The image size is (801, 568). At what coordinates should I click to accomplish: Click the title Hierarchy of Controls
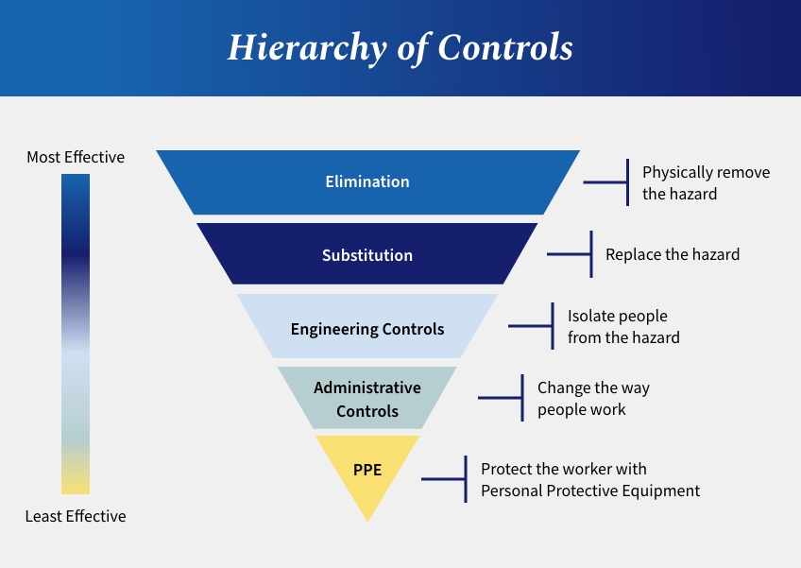click(x=400, y=47)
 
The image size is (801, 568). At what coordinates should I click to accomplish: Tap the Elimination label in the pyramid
click(x=367, y=181)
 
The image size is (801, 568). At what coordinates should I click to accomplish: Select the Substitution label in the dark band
click(x=367, y=255)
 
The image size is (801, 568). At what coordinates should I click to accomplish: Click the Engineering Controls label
click(x=367, y=329)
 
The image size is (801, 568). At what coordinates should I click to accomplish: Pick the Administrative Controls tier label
click(x=367, y=399)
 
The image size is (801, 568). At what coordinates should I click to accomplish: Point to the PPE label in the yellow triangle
click(x=367, y=470)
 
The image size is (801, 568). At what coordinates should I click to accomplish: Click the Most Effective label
click(x=76, y=157)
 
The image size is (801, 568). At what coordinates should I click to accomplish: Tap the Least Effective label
click(x=76, y=516)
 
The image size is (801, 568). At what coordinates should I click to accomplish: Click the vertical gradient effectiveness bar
click(x=76, y=334)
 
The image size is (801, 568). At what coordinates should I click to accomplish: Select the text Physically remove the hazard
click(x=706, y=183)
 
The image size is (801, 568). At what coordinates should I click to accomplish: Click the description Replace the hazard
click(x=673, y=254)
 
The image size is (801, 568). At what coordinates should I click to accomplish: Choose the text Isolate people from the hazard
click(x=623, y=327)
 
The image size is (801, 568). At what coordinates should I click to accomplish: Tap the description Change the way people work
click(x=593, y=398)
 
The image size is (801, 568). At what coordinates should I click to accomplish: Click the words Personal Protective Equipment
click(x=590, y=491)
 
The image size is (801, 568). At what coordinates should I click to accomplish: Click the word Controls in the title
click(x=505, y=47)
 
